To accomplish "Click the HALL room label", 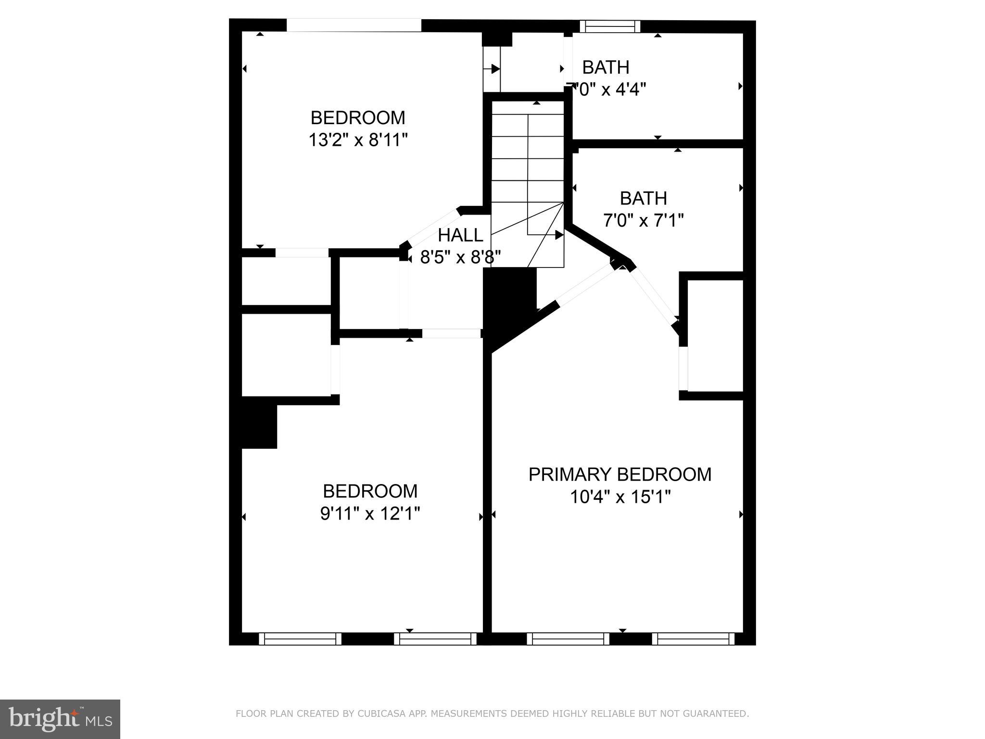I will point(460,235).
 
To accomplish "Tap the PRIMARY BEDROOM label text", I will point(619,474).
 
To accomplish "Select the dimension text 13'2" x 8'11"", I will point(358,140).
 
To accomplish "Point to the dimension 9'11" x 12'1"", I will point(370,514).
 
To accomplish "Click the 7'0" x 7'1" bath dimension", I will point(643,220).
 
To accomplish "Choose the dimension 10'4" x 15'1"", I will point(620,497).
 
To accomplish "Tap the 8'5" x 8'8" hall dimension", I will point(460,257).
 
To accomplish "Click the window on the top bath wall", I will point(610,26).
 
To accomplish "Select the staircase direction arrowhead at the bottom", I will point(559,235).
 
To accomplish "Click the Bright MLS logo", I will point(60,719).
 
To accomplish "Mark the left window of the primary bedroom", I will point(568,638).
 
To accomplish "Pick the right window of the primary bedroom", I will point(693,638).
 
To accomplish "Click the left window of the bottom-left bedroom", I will point(300,638).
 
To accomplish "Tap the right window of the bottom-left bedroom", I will point(435,638).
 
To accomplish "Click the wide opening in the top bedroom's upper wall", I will point(354,25).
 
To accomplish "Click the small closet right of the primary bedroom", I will point(715,335).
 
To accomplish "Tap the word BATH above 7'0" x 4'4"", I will point(606,67).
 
